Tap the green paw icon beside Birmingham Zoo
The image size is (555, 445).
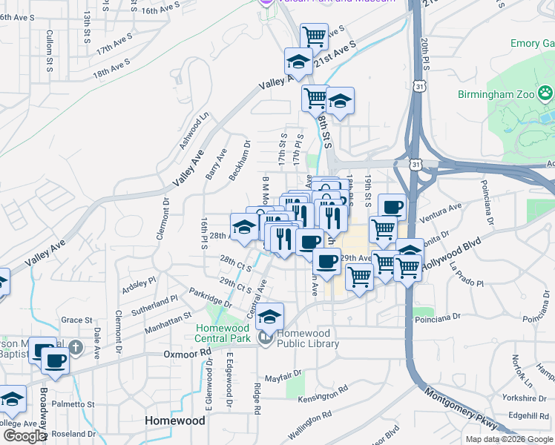546,94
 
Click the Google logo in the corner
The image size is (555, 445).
24,436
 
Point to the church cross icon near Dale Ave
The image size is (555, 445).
74,347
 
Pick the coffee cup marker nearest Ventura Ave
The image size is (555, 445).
392,207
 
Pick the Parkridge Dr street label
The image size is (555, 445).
210,297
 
